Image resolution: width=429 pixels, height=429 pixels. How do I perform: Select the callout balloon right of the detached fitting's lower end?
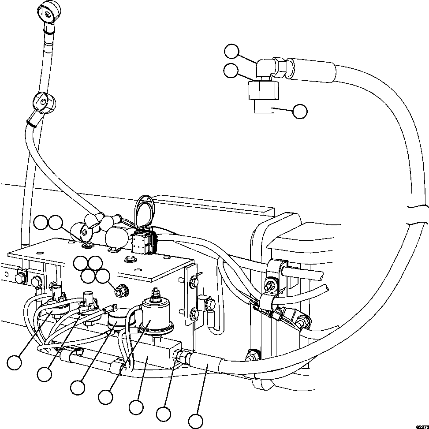(300, 112)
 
